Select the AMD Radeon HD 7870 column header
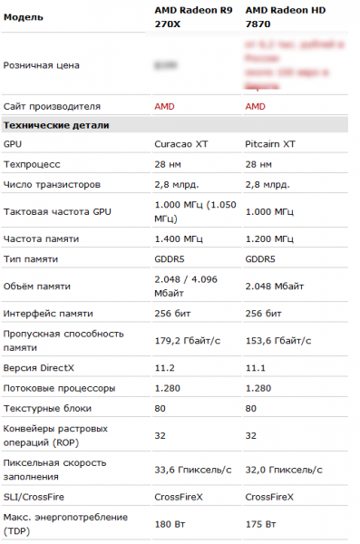tap(286, 17)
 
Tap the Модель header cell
tap(24, 18)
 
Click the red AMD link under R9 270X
tap(164, 105)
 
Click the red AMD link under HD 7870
tap(255, 105)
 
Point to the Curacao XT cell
tap(180, 144)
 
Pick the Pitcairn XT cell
tap(270, 144)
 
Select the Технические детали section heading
tap(56, 124)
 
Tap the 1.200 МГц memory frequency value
tap(268, 239)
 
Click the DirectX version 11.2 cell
tap(163, 368)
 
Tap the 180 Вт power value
tap(169, 523)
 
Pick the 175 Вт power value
tap(259, 523)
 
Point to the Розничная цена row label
tap(42, 65)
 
